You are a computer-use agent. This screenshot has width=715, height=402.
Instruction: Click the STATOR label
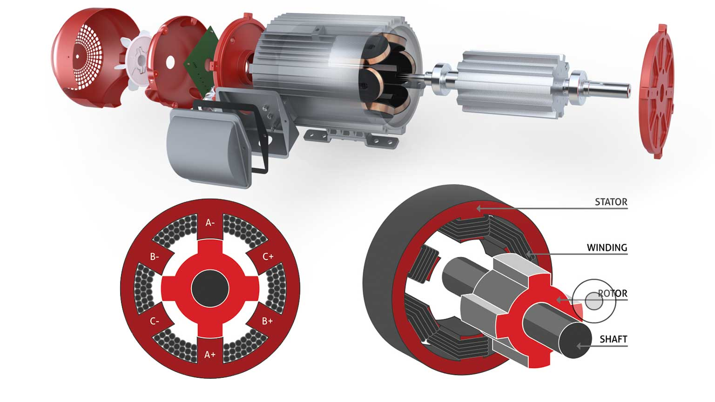pyautogui.click(x=611, y=202)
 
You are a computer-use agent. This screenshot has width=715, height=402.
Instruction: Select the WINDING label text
pyautogui.click(x=607, y=248)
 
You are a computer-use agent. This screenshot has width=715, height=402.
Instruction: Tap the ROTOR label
pyautogui.click(x=613, y=293)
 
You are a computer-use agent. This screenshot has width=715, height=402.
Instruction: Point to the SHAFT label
pyautogui.click(x=614, y=339)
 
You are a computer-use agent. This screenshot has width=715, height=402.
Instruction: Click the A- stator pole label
pyautogui.click(x=210, y=223)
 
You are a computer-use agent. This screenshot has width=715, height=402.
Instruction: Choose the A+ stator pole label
pyautogui.click(x=210, y=355)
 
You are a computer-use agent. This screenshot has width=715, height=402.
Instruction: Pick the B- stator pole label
pyautogui.click(x=155, y=257)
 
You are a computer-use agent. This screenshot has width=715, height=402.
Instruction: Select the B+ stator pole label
pyautogui.click(x=268, y=321)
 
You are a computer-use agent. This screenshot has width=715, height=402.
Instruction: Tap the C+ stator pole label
pyautogui.click(x=268, y=256)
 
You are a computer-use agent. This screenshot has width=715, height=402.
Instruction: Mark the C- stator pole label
pyautogui.click(x=155, y=322)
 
